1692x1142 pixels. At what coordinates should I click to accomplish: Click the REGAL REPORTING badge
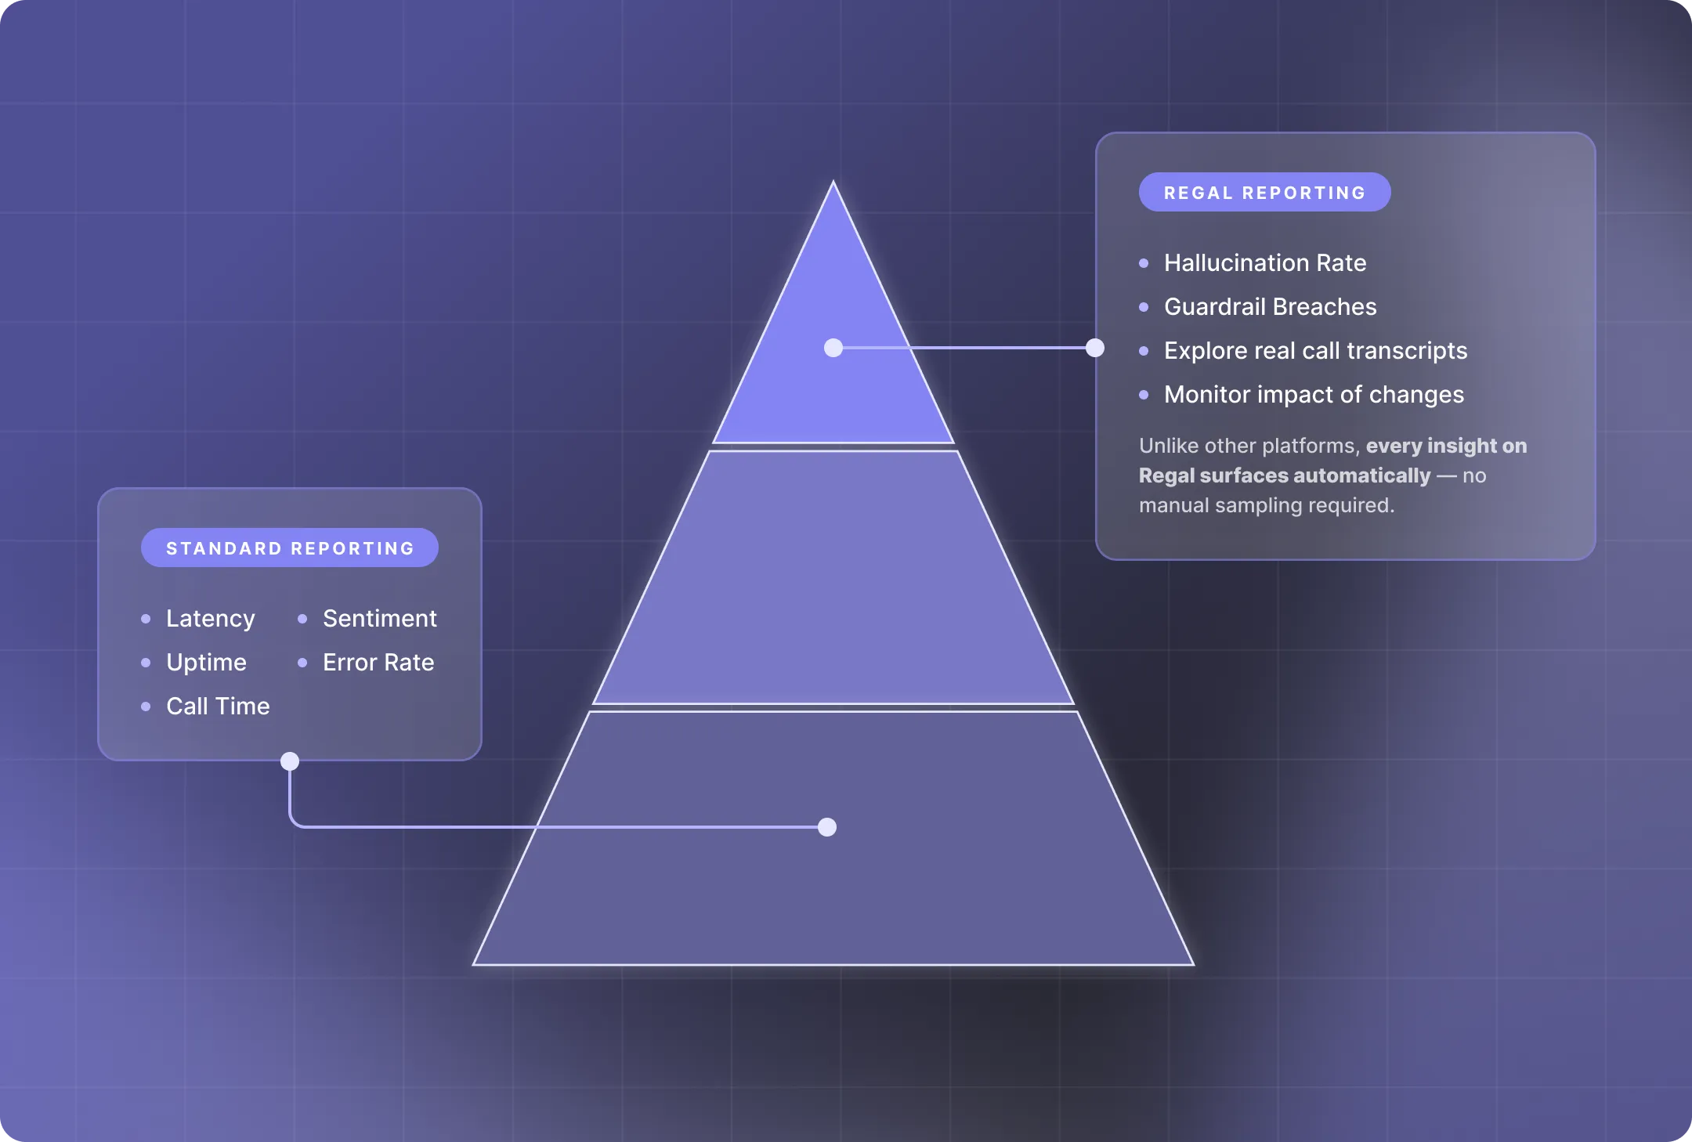point(1264,192)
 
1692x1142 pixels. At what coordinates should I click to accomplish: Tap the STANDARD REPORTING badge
point(290,548)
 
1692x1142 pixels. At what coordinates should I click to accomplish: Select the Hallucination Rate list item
point(1265,262)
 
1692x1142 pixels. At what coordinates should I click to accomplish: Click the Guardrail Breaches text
point(1270,306)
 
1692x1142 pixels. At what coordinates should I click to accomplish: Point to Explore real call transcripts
point(1315,350)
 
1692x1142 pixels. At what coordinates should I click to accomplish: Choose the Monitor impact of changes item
point(1314,394)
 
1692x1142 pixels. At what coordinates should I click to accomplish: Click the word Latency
point(210,619)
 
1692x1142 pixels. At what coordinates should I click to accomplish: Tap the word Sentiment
point(380,618)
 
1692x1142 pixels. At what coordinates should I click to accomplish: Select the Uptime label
point(206,663)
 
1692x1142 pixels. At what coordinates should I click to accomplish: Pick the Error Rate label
point(378,662)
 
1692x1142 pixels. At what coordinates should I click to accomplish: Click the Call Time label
point(218,706)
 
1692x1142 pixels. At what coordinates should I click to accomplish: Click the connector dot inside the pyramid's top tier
point(833,348)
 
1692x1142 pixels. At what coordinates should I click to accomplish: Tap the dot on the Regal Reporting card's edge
point(1095,348)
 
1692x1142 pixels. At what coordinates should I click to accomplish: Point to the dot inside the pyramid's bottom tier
point(827,827)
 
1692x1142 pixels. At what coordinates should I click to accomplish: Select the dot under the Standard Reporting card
point(290,761)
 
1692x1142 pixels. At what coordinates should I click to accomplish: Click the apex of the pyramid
point(833,182)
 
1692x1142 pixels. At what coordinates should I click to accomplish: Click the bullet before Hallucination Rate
point(1144,263)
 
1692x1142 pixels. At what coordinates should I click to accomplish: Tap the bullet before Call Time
point(146,707)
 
